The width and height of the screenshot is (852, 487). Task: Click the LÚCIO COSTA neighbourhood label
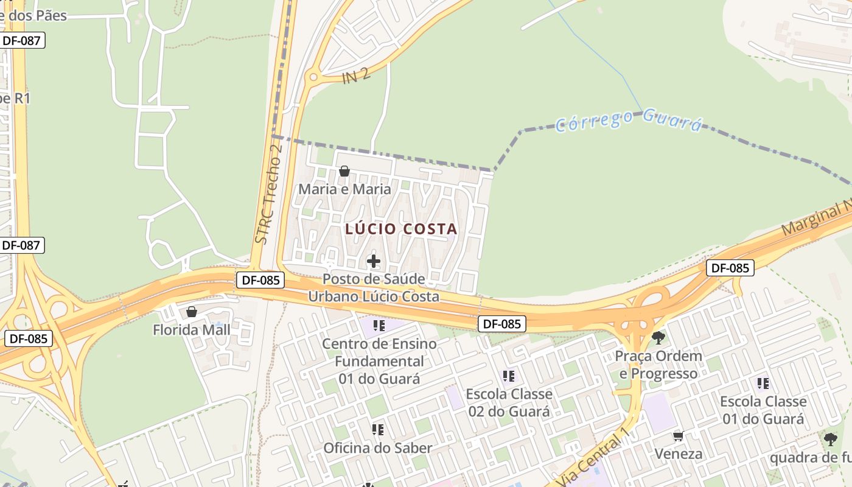[401, 229]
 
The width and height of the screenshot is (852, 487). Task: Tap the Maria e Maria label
[344, 189]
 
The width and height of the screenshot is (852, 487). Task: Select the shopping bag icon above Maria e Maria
[344, 171]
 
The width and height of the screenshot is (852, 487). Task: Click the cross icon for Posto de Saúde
[374, 262]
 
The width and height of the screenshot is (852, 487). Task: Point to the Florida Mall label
[191, 330]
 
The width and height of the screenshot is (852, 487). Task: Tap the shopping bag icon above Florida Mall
[192, 312]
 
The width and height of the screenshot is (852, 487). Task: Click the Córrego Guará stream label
[629, 119]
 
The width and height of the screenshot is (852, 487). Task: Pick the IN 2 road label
[356, 76]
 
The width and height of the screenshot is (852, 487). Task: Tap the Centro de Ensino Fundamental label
[379, 361]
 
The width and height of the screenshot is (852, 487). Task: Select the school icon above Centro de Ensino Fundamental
[379, 326]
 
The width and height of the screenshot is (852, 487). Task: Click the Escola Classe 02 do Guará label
[509, 402]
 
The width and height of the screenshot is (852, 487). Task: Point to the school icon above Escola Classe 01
[763, 384]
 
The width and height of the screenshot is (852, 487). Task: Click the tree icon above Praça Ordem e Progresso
[658, 337]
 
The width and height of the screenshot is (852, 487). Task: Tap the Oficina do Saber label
[377, 448]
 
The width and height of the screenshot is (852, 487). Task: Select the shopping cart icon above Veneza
[678, 436]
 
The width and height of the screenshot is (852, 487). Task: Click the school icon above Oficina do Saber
[378, 430]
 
